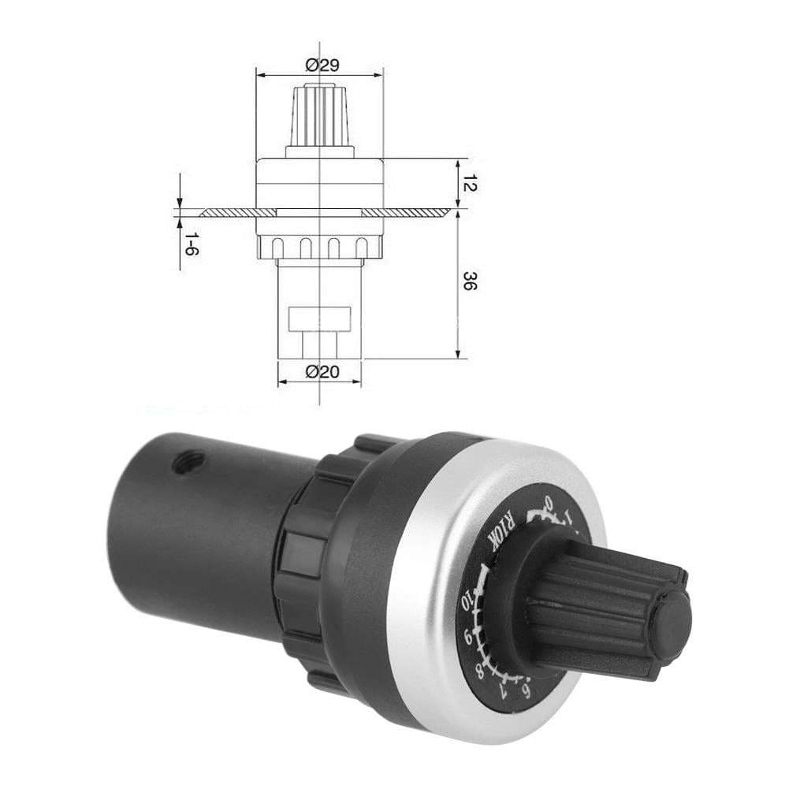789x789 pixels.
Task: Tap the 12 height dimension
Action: click(471, 184)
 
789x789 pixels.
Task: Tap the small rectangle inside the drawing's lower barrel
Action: click(318, 319)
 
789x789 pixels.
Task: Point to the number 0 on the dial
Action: click(549, 502)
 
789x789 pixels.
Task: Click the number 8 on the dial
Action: click(480, 671)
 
